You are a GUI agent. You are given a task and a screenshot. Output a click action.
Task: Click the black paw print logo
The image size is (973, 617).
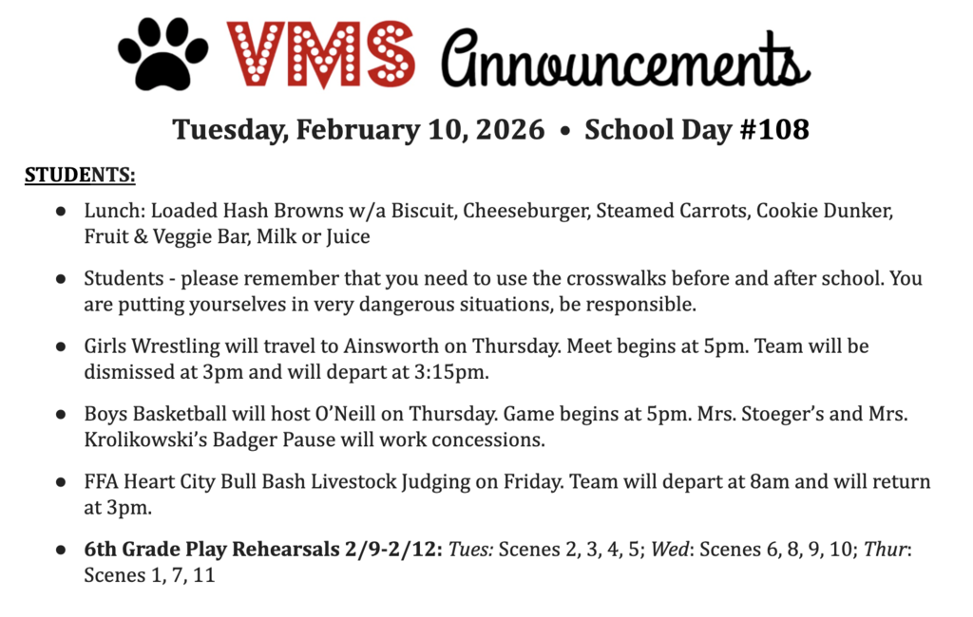(162, 55)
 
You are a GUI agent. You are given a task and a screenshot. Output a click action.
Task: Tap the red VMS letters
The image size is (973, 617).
(321, 54)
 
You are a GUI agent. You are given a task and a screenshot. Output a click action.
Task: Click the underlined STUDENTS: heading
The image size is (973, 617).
(80, 176)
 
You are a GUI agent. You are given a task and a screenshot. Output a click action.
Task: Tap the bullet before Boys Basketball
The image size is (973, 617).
(61, 415)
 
